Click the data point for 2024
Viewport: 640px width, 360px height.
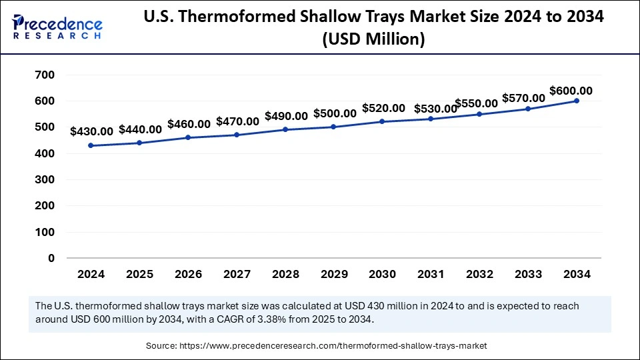[90, 145]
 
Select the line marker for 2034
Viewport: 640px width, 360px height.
[577, 101]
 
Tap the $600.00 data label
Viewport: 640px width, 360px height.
[571, 91]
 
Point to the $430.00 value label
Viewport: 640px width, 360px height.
[92, 131]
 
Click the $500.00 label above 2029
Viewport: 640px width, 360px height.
[335, 114]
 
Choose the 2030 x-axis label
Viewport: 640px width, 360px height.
[382, 274]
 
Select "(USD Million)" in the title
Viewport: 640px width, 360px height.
[373, 40]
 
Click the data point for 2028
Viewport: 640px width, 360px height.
[285, 129]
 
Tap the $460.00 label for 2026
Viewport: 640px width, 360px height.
[189, 124]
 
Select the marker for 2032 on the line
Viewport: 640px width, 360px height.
[479, 114]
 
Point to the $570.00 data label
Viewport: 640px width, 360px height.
[523, 98]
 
